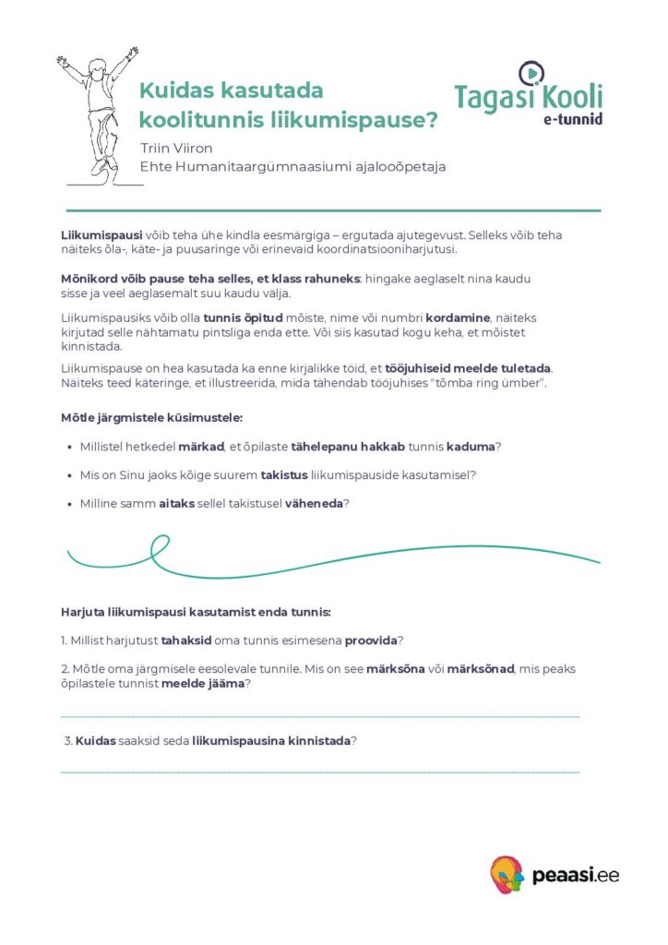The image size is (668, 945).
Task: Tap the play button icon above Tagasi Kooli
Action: point(532,73)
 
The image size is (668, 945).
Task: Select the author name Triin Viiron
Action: point(176,148)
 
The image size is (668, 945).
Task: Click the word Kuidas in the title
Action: point(171,91)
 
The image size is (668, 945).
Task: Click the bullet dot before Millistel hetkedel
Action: point(72,447)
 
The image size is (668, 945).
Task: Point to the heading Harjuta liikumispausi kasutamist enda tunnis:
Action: point(196,612)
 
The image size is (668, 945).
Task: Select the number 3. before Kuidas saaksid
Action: point(68,741)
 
